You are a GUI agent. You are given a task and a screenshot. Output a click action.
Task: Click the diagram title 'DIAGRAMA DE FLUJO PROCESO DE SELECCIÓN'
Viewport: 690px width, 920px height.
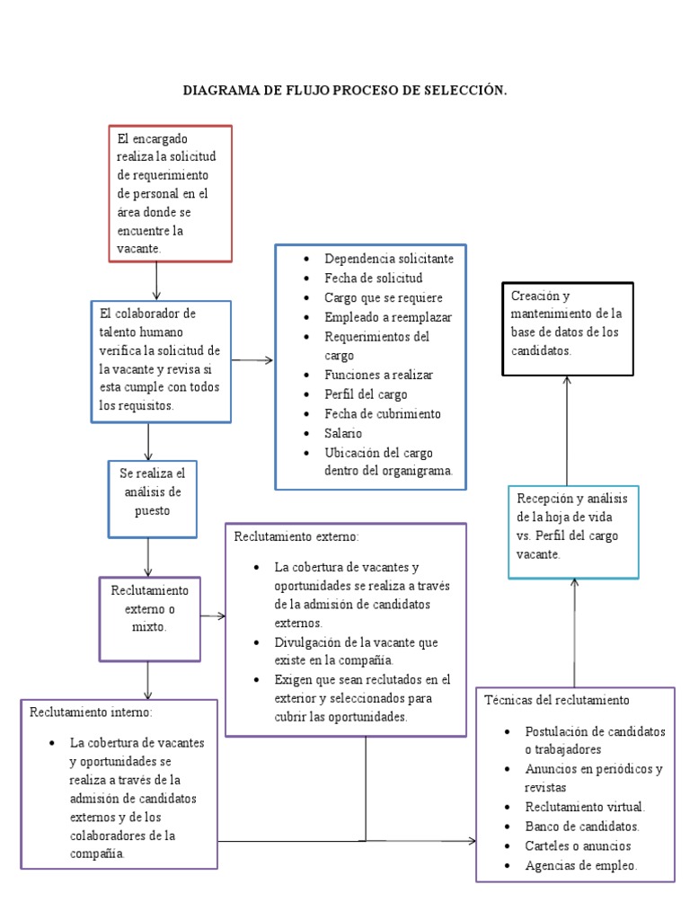345,91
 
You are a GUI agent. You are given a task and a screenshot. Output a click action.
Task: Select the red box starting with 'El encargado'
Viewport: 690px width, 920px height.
170,193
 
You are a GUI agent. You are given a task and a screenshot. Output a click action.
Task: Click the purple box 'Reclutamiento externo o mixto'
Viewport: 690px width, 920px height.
149,619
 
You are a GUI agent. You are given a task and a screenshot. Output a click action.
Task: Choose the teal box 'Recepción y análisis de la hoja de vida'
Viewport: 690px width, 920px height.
573,532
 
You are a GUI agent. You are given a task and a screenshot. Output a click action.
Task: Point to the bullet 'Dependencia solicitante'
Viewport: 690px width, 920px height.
388,258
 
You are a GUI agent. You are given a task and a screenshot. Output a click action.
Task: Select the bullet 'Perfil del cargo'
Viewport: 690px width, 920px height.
366,394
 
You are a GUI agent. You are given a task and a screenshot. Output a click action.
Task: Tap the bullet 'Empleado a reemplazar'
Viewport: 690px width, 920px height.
388,317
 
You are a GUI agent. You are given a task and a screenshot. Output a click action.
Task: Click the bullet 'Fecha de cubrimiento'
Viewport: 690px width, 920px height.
383,413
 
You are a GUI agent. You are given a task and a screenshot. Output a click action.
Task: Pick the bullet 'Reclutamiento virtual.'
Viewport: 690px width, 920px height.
585,806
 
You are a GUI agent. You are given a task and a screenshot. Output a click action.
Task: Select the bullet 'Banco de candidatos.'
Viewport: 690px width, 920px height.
582,826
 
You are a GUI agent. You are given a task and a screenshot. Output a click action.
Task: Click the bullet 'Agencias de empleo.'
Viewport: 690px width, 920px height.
580,865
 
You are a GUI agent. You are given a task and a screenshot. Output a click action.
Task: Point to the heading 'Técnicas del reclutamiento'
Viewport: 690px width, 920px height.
557,700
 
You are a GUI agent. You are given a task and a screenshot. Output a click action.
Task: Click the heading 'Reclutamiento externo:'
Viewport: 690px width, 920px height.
296,536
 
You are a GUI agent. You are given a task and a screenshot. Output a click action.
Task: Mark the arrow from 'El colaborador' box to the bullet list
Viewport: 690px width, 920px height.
252,360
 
